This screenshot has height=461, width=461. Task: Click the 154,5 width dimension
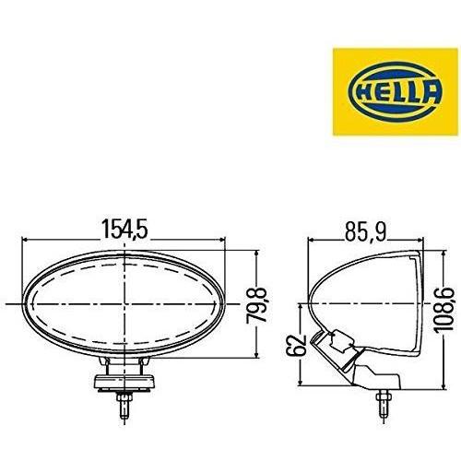tap(124, 229)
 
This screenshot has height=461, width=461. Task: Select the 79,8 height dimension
tap(256, 305)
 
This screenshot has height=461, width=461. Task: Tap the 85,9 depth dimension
tap(365, 231)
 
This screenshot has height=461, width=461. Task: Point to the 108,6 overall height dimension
tap(443, 310)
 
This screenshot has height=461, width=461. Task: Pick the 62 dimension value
tap(296, 345)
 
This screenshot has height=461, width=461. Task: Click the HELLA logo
tap(396, 91)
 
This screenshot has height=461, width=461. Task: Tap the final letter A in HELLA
tap(431, 92)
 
